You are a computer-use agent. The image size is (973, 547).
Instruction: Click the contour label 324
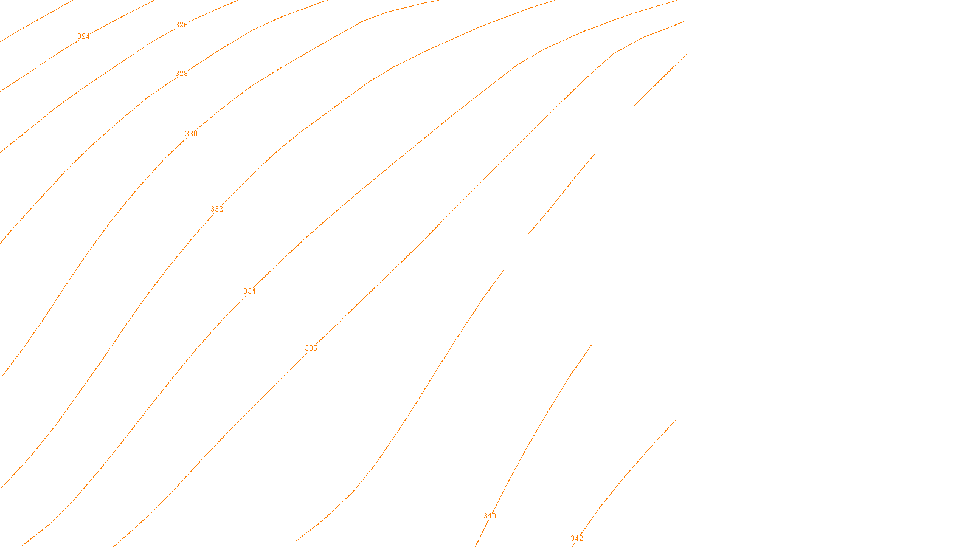point(83,36)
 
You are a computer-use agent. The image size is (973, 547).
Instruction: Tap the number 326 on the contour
point(181,25)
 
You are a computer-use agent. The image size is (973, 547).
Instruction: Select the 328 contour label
point(181,74)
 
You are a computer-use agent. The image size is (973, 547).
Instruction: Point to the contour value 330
point(191,134)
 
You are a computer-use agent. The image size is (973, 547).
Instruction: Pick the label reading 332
point(216,209)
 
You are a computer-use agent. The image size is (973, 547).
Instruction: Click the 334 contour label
point(249,291)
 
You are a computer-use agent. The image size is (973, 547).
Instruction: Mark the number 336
point(311,348)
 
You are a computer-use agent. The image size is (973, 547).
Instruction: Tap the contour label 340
point(490,516)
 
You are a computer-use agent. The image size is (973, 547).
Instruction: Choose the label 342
point(577,538)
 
